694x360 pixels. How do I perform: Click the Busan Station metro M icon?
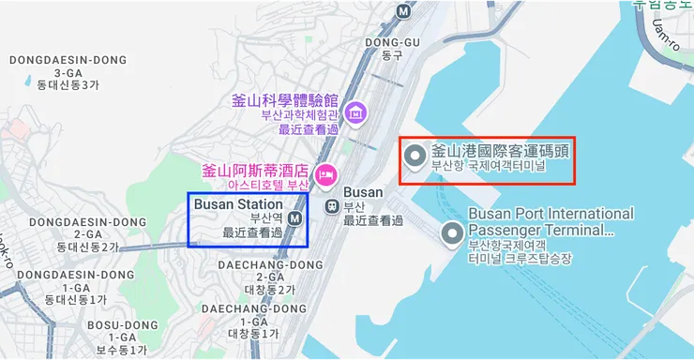pos(295,218)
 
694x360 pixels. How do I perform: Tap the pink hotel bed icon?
pos(325,173)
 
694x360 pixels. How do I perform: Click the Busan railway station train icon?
pos(331,204)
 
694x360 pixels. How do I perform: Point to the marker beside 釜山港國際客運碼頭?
pos(415,157)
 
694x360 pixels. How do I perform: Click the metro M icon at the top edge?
pos(403,10)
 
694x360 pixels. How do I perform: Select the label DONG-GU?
pos(392,42)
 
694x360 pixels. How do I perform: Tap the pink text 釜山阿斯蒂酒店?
pos(254,171)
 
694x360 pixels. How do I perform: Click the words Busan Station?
pos(237,203)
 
